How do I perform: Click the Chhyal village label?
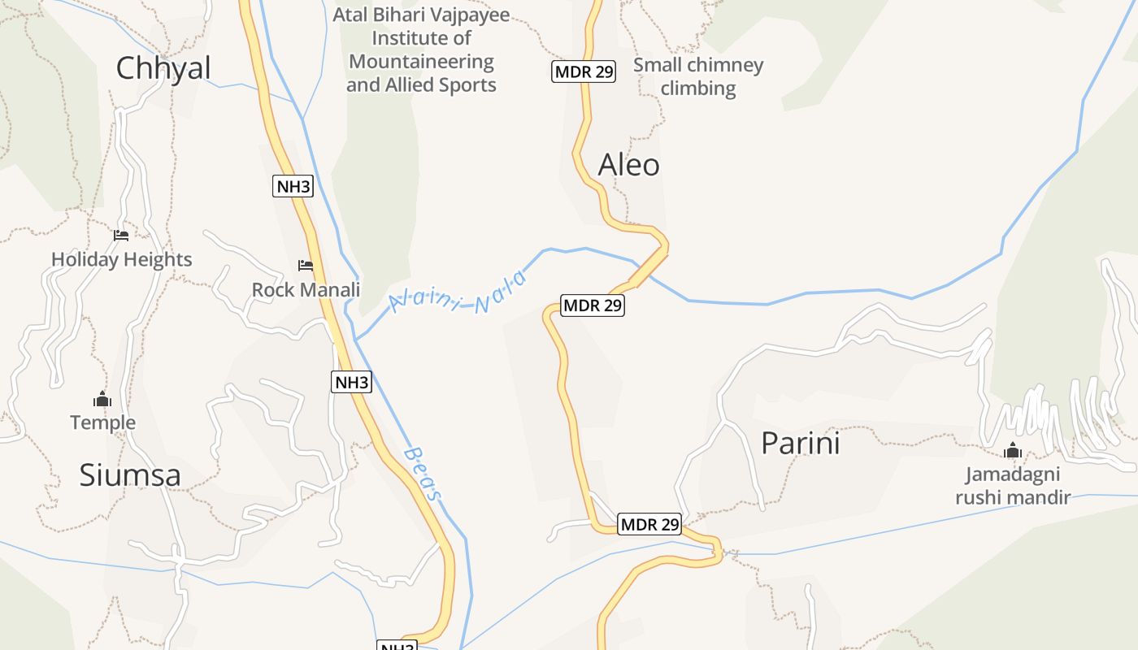coord(163,68)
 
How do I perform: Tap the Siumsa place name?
coord(130,475)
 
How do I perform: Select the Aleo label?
coord(628,165)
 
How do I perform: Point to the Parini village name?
coord(800,444)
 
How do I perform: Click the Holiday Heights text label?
coord(122,260)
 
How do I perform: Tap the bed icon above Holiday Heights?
coord(121,236)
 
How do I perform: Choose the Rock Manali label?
coord(306,290)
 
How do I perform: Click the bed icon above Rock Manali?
coord(306,266)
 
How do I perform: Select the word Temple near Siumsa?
coord(102,423)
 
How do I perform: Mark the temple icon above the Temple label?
coord(102,399)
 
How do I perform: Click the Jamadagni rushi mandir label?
coord(1013,486)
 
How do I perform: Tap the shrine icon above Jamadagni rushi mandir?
coord(1012,450)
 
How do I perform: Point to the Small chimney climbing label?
coord(698,76)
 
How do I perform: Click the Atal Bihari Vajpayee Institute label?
coord(421,50)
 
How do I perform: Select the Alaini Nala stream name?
coord(458,293)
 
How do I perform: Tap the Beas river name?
coord(424,474)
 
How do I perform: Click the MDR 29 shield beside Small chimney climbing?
coord(584,71)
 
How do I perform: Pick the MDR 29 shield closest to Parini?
coord(649,525)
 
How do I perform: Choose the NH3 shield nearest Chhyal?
coord(293,187)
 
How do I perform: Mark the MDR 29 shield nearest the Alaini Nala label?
coord(593,306)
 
